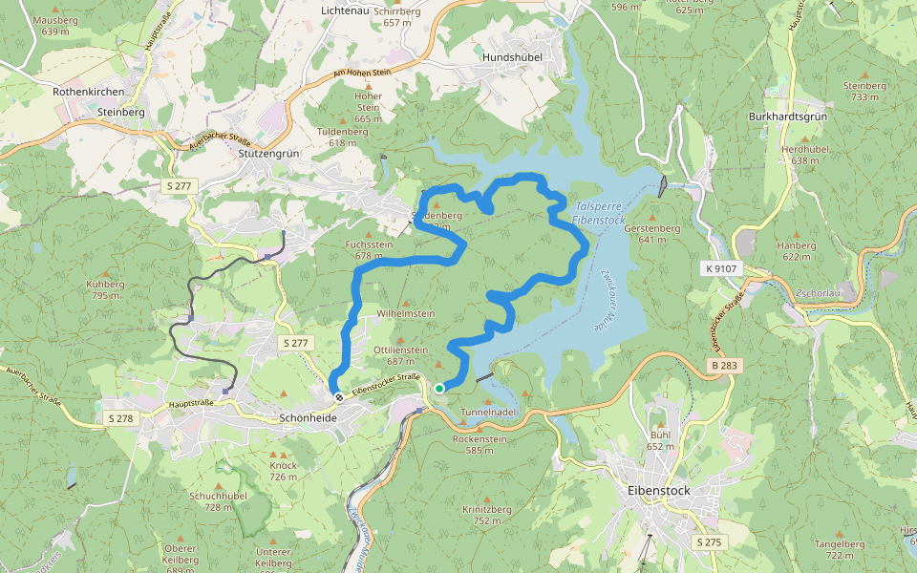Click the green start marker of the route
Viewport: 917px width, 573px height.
coord(439,388)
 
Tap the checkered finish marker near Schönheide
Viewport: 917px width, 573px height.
coord(338,396)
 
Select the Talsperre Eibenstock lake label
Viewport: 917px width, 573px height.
coord(599,213)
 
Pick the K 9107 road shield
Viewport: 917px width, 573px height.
coord(721,268)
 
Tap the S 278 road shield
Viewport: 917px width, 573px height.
coord(121,418)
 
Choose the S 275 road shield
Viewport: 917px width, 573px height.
coord(709,542)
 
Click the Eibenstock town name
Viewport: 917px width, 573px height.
coord(659,490)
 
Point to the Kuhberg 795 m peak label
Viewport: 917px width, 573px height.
coord(105,289)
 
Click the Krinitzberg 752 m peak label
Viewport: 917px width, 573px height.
coord(487,515)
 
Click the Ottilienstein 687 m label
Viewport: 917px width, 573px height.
coord(400,355)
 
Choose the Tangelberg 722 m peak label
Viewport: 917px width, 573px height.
coord(840,549)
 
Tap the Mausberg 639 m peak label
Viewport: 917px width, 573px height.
coord(56,26)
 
